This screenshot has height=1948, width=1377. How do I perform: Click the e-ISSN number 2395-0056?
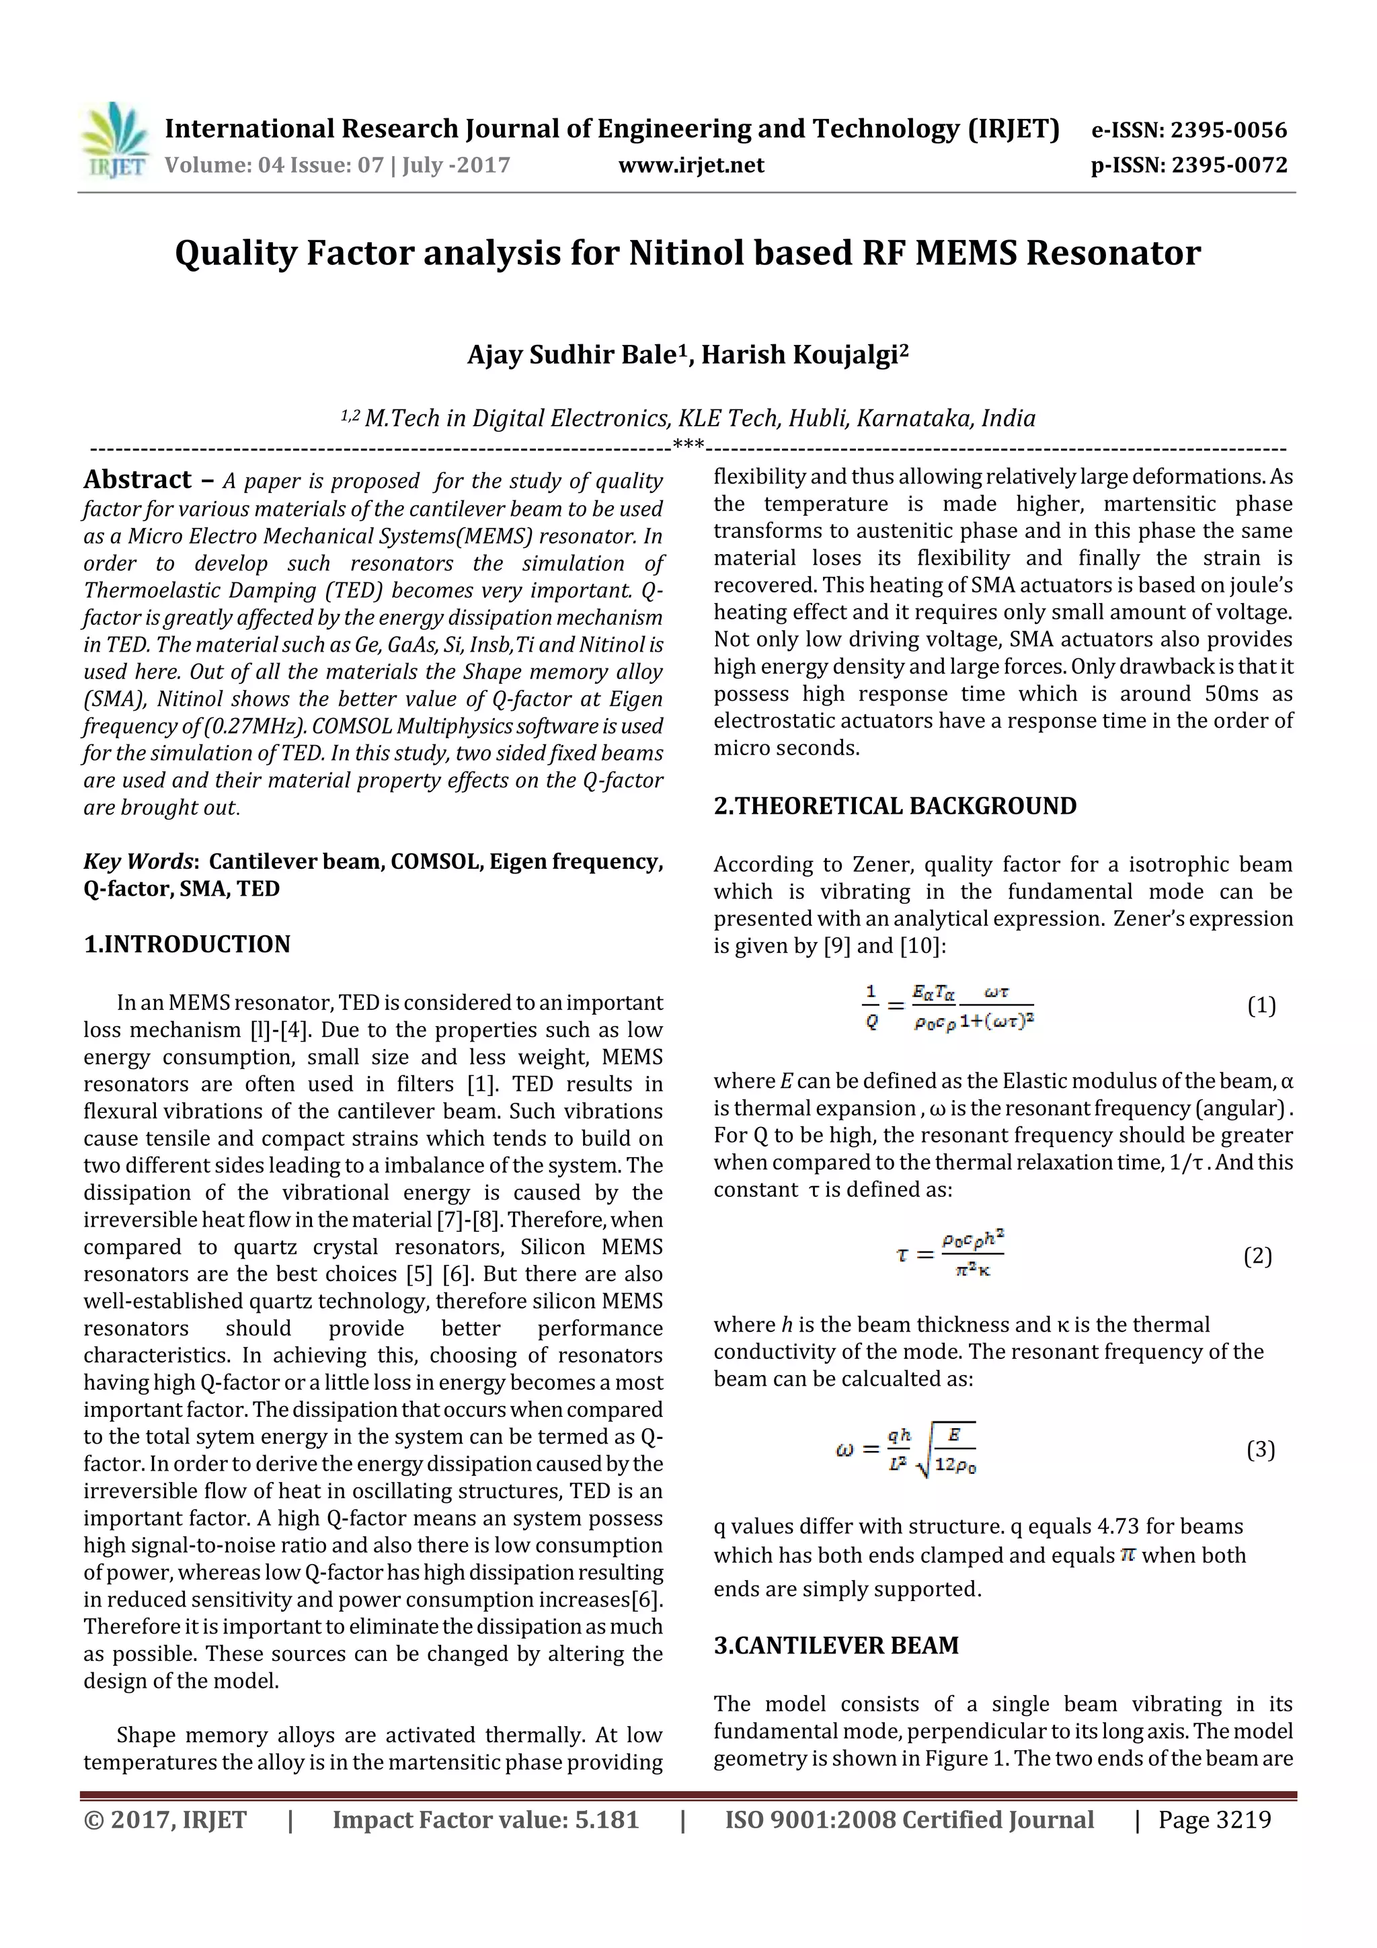click(1228, 130)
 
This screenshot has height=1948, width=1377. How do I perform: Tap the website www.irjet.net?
click(691, 165)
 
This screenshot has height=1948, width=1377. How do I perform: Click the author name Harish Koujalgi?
click(803, 354)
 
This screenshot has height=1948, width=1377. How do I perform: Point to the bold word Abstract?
click(137, 480)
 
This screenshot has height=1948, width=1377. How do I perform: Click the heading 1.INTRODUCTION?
click(187, 944)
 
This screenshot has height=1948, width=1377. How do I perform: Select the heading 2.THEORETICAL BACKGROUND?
click(894, 806)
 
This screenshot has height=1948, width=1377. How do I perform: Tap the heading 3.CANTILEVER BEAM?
click(836, 1645)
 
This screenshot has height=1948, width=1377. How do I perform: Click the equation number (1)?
click(1261, 1006)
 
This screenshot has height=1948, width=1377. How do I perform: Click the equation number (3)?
click(1261, 1449)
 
